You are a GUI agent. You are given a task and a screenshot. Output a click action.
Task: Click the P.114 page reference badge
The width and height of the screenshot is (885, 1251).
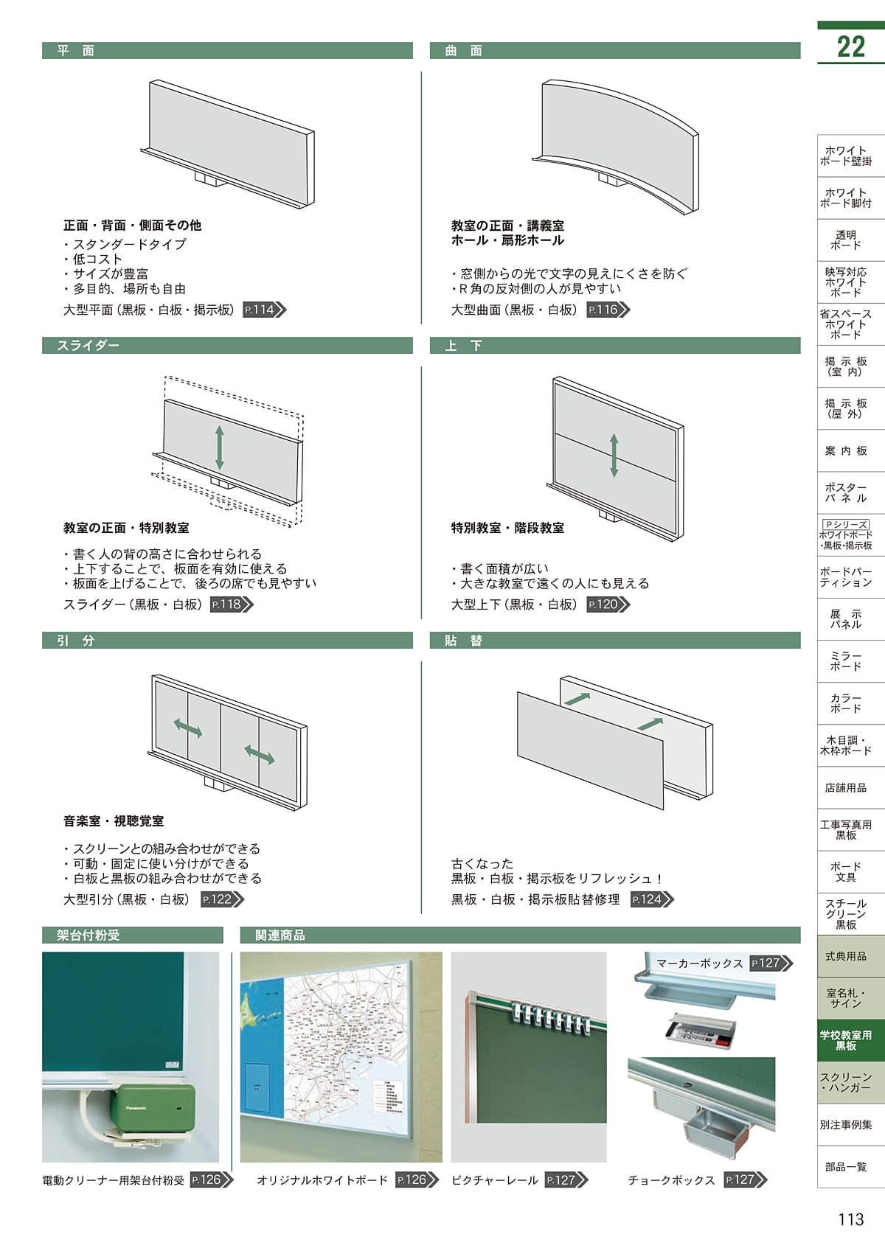pyautogui.click(x=263, y=310)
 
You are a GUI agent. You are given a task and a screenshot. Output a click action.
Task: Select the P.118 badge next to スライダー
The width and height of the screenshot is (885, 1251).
pyautogui.click(x=231, y=604)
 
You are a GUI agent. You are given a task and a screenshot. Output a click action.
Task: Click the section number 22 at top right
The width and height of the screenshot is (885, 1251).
pyautogui.click(x=850, y=46)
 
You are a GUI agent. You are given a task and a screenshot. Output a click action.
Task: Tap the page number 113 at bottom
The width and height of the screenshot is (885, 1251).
pyautogui.click(x=850, y=1219)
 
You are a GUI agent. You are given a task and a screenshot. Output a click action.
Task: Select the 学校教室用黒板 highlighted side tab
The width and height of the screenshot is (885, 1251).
pyautogui.click(x=846, y=1040)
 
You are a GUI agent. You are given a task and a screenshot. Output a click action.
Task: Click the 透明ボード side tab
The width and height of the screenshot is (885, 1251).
pyautogui.click(x=846, y=240)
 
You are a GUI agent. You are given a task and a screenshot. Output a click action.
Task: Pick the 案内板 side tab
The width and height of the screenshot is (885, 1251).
pyautogui.click(x=846, y=450)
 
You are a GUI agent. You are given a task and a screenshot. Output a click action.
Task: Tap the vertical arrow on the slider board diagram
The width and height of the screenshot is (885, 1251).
pyautogui.click(x=220, y=447)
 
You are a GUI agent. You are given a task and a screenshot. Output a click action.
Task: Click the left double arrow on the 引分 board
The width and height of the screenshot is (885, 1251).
pyautogui.click(x=188, y=728)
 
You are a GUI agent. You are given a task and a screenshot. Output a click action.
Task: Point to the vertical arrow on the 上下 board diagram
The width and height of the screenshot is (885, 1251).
pyautogui.click(x=614, y=455)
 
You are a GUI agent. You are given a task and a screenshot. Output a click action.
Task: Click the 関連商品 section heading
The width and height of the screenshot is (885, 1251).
pyautogui.click(x=280, y=935)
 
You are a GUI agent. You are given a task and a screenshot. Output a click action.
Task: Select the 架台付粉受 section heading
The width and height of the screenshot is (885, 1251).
pyautogui.click(x=88, y=935)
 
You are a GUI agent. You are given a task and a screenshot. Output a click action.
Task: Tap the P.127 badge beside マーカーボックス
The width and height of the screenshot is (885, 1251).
pyautogui.click(x=770, y=963)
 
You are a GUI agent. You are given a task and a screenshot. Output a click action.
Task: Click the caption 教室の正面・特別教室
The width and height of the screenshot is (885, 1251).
pyautogui.click(x=126, y=528)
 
